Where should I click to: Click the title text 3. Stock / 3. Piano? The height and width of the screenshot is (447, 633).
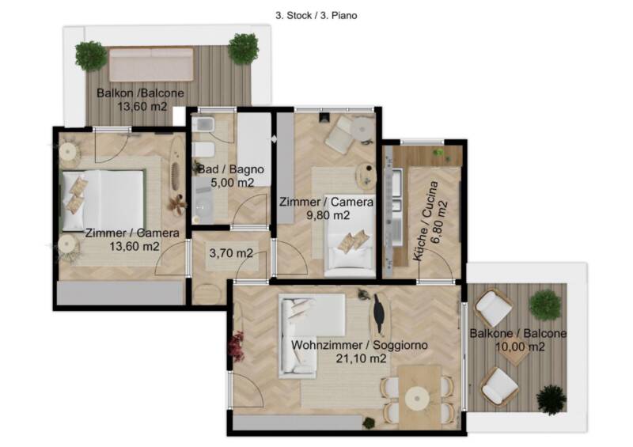coord(316,16)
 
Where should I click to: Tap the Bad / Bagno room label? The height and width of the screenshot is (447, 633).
coord(231,169)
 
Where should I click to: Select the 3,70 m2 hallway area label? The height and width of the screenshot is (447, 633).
coord(231,253)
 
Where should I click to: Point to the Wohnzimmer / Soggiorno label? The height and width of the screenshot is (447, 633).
coord(359,345)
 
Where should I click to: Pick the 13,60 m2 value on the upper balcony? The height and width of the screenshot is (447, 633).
coord(142,107)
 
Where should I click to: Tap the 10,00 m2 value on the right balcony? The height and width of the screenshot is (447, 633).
coord(520,347)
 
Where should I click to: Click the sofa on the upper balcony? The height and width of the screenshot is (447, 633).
coord(151,64)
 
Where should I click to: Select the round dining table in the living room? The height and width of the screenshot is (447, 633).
coord(418,398)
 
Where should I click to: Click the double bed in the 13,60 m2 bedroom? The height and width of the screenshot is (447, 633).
coord(103,201)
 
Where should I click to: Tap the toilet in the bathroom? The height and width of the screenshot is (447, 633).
coord(203,150)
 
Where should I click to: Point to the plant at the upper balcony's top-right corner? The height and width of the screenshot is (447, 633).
coord(244,49)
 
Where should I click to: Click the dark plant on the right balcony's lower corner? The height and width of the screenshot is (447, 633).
coord(552,400)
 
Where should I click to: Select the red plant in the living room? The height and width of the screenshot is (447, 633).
coord(236,346)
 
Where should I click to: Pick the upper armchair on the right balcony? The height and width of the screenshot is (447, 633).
coord(494,308)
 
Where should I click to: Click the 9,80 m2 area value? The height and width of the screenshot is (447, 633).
coord(328,215)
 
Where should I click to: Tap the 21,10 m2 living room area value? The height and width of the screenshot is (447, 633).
coord(361,358)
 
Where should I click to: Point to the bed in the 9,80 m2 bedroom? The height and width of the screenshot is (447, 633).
coord(350,246)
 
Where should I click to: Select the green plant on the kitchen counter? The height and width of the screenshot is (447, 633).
coord(438,153)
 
